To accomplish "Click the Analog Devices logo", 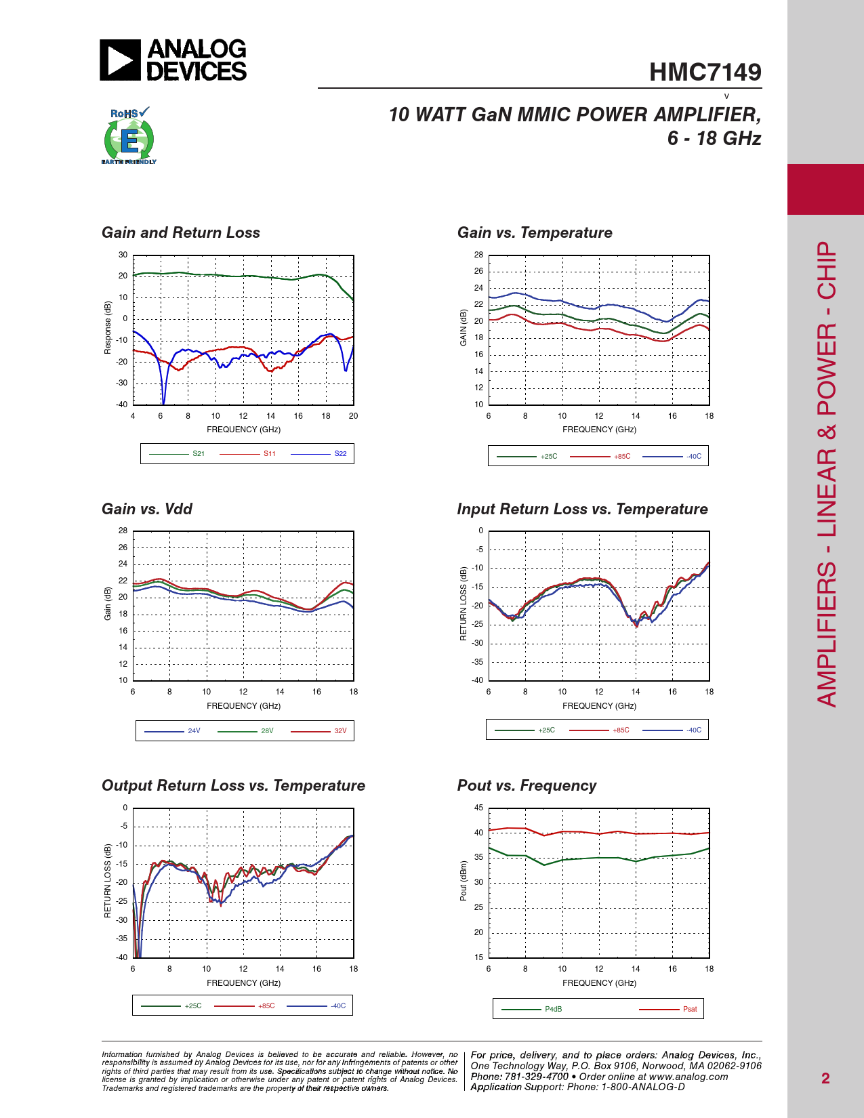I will (x=173, y=60).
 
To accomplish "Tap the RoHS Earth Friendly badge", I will (x=129, y=136).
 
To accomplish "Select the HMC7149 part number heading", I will (x=705, y=73).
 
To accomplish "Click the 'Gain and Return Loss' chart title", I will (x=181, y=233).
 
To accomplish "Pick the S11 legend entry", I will (x=269, y=454).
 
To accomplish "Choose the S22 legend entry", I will (x=340, y=454).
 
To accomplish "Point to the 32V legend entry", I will (x=340, y=731).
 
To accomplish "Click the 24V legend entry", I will (x=194, y=731).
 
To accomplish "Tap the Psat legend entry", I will (x=689, y=1010).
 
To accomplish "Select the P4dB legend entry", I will (x=553, y=1010).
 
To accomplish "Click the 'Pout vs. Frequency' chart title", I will (x=527, y=786).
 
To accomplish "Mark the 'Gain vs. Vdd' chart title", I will (x=147, y=510).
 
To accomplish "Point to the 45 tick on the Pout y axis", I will (x=478, y=808).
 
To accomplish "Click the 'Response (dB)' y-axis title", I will (x=108, y=328).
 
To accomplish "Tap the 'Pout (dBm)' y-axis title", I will (x=464, y=881).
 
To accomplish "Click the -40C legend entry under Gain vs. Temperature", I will (x=693, y=457).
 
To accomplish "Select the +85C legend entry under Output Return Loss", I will (x=266, y=1006).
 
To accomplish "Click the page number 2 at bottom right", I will (x=825, y=1079).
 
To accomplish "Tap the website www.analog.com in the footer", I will (x=688, y=1077).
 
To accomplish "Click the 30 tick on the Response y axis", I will (x=123, y=255).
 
